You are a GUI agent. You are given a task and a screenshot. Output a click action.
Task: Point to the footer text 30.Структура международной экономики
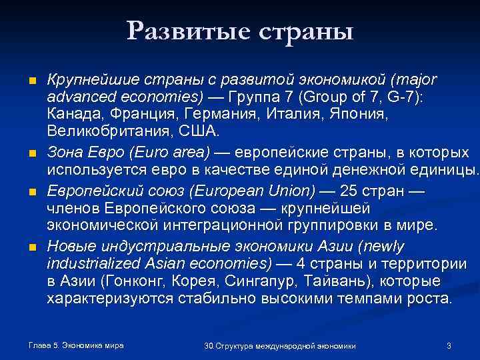point(280,345)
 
